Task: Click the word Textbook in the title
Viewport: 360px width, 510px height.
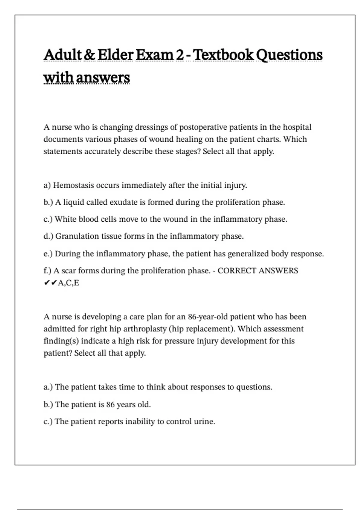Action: click(x=223, y=55)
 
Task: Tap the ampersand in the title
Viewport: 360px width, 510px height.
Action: click(x=89, y=55)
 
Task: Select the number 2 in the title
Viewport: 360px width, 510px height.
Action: click(x=180, y=55)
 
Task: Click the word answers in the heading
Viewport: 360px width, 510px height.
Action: click(x=103, y=78)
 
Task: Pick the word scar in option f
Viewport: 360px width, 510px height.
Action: click(x=69, y=271)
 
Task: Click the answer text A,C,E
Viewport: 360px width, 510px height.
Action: click(x=68, y=283)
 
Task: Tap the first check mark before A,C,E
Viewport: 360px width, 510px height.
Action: click(x=47, y=283)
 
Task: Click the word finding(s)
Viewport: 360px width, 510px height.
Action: click(x=61, y=341)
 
